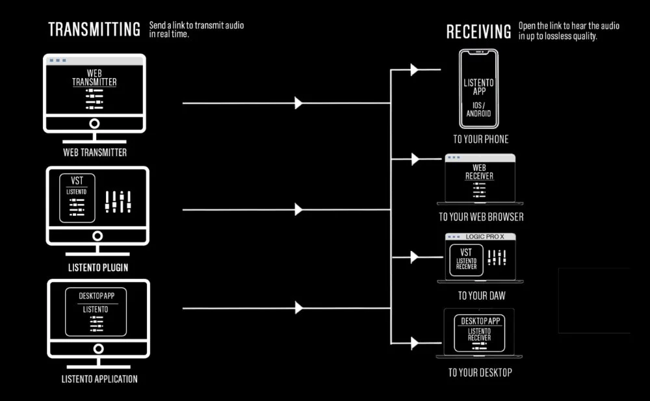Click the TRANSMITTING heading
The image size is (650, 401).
point(94,29)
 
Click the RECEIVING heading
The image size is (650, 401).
point(478,31)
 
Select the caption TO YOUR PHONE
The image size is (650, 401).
point(480,139)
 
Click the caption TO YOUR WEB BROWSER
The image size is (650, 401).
point(480,216)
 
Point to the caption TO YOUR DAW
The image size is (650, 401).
point(481,296)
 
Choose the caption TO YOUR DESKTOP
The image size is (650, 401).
point(480,372)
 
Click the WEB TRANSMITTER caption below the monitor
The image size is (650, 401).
point(95,153)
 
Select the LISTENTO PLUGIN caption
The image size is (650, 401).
point(97,267)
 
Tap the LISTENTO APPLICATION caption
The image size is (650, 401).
point(99,378)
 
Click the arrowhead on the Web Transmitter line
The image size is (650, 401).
point(298,103)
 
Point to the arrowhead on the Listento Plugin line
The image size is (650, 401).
point(298,209)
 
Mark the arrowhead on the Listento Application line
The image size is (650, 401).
point(298,307)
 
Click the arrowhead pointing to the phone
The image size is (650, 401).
point(414,70)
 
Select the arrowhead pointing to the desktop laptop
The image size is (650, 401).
point(414,343)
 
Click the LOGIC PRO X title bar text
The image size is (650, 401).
point(485,237)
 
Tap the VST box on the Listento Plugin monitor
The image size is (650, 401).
point(77,198)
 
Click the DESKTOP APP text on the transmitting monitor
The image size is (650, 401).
point(96,296)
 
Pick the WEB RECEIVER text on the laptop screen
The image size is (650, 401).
point(479,172)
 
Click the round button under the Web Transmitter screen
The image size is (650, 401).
point(95,123)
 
